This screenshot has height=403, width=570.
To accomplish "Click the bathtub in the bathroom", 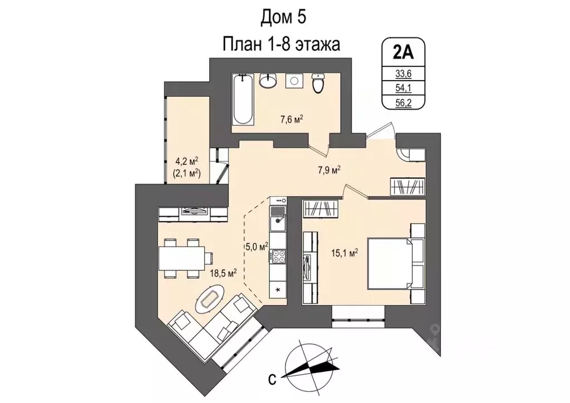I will pos(243,101).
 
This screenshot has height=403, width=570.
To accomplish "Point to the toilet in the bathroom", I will pos(318,84).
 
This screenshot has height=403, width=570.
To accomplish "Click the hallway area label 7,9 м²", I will pos(328,169).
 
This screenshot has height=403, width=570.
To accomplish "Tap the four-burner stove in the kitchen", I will pos(278,256).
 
